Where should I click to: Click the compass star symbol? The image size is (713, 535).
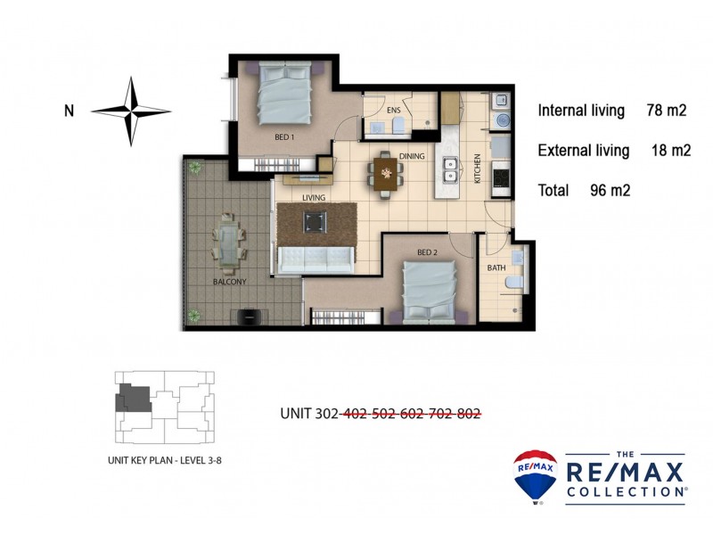(x=132, y=111)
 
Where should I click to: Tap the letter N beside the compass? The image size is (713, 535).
(x=69, y=111)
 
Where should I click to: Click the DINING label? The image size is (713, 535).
(x=412, y=156)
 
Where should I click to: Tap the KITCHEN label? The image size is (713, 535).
(x=478, y=169)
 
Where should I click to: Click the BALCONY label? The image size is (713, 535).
(x=229, y=282)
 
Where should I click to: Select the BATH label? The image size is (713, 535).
(x=496, y=267)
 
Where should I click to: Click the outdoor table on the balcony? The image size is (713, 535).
(x=230, y=243)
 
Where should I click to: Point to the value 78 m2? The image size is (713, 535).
(x=666, y=111)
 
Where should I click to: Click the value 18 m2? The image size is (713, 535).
(x=671, y=151)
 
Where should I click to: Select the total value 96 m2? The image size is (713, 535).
(x=611, y=190)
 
